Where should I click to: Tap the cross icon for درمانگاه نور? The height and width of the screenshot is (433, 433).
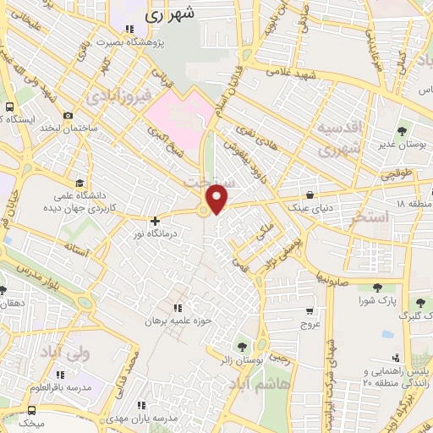[x=154, y=221]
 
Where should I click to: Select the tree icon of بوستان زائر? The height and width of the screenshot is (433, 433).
[x=244, y=345]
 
